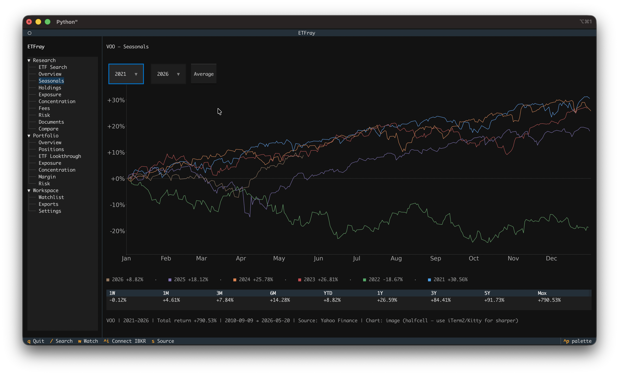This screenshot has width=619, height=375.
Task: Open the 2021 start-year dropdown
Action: pyautogui.click(x=126, y=74)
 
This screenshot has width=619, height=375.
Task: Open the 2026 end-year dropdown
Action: pyautogui.click(x=168, y=74)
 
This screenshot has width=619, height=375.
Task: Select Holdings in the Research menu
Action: pyautogui.click(x=50, y=88)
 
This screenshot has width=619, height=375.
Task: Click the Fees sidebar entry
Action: pyautogui.click(x=44, y=108)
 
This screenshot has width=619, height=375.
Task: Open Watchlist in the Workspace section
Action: pyautogui.click(x=51, y=197)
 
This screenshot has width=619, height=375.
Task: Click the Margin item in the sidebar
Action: pyautogui.click(x=47, y=177)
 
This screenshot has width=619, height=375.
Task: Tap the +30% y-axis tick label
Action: pyautogui.click(x=116, y=100)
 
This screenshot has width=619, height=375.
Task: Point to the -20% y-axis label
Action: pyautogui.click(x=117, y=231)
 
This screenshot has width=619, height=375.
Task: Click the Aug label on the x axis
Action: pyautogui.click(x=396, y=258)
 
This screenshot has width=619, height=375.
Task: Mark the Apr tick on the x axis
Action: pyautogui.click(x=241, y=258)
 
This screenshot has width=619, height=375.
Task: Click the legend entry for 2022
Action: pyautogui.click(x=383, y=280)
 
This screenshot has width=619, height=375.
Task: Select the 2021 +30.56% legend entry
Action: pyautogui.click(x=448, y=280)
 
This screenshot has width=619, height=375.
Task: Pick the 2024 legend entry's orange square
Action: pyautogui.click(x=235, y=280)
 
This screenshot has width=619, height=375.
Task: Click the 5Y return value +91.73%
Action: pyautogui.click(x=494, y=300)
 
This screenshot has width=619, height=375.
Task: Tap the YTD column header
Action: pyautogui.click(x=328, y=293)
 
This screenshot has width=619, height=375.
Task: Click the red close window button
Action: pyautogui.click(x=29, y=22)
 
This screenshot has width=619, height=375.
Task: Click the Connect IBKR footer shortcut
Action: pyautogui.click(x=125, y=341)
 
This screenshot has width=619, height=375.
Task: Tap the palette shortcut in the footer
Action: pyautogui.click(x=577, y=341)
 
